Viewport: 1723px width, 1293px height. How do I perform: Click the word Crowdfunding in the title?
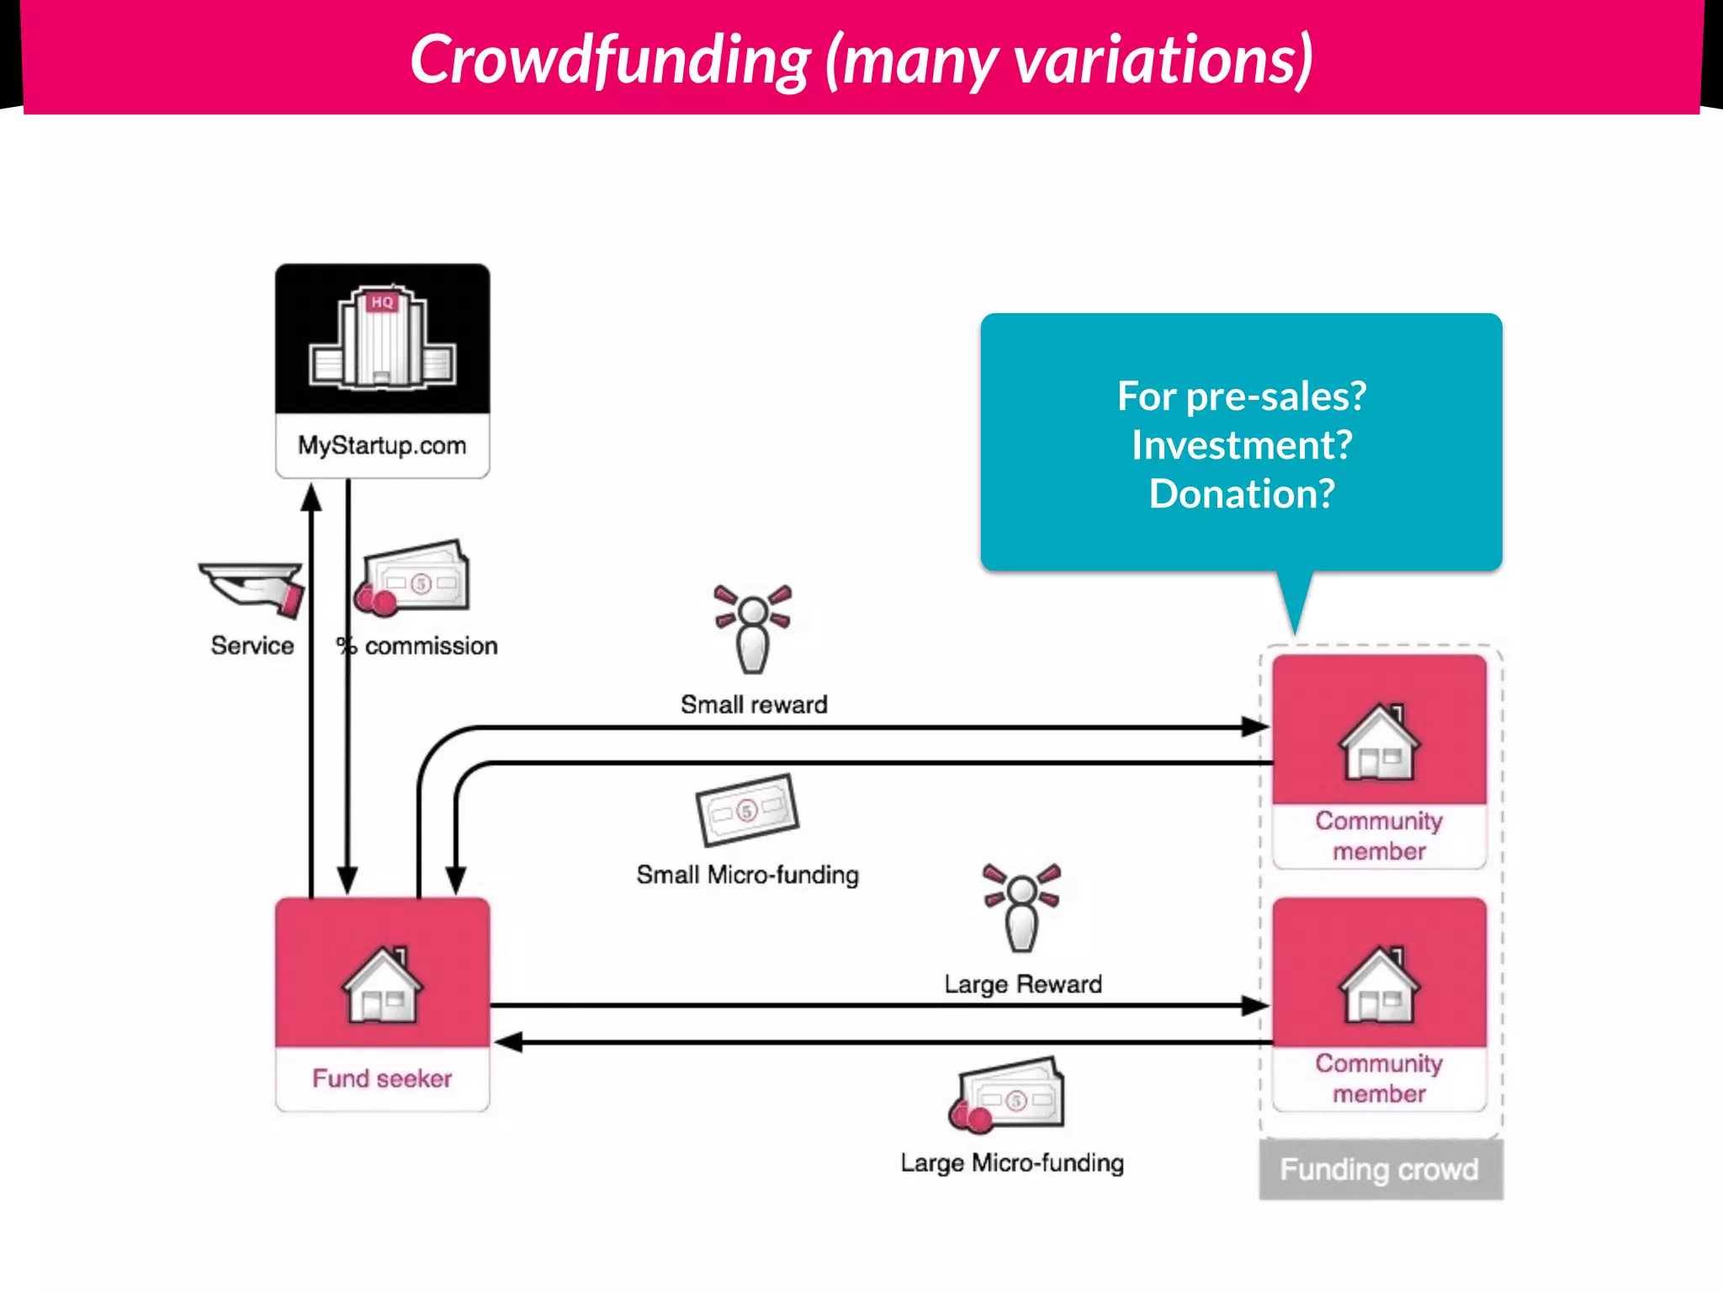point(610,61)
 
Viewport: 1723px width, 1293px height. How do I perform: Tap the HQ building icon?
point(383,338)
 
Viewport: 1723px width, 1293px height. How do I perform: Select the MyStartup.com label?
point(382,445)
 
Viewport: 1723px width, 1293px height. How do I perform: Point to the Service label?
point(252,646)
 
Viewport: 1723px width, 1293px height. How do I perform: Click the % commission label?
point(417,646)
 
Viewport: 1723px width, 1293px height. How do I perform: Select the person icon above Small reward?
point(753,628)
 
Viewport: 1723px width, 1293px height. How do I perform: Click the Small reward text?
point(754,705)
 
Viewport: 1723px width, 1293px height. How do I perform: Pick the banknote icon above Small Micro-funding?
point(747,810)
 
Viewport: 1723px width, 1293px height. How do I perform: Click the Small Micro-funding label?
point(747,875)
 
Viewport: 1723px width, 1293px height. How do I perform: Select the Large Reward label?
point(1023,984)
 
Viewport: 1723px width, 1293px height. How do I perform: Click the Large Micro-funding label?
point(1012,1163)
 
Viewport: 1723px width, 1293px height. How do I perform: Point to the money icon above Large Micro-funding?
point(1008,1095)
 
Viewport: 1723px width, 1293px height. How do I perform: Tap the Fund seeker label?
point(382,1078)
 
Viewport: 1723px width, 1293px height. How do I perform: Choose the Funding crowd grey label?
point(1380,1169)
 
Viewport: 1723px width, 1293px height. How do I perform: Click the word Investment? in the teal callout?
point(1242,444)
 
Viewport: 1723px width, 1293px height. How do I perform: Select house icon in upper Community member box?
point(1379,742)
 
